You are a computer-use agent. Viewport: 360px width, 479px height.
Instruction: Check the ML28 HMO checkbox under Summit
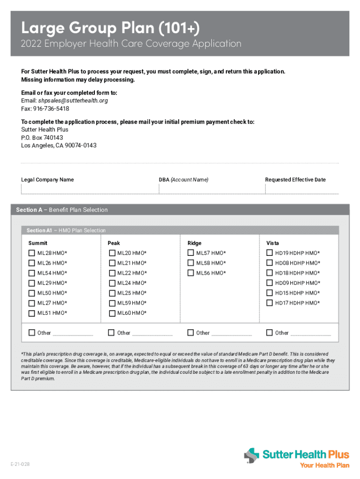click(32, 253)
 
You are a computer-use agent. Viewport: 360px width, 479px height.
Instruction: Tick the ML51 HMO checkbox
click(32, 313)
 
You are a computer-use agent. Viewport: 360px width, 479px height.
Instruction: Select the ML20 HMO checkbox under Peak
click(112, 253)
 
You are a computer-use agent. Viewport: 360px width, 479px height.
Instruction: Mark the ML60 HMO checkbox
click(112, 313)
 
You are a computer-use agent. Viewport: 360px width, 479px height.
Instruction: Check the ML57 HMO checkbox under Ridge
click(191, 253)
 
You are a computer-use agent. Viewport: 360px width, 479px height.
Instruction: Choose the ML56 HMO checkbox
click(191, 273)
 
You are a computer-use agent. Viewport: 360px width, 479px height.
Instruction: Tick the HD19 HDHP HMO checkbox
click(270, 253)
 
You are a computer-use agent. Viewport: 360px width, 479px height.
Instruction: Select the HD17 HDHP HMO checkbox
click(270, 303)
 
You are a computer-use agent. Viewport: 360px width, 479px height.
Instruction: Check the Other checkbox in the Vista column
click(269, 333)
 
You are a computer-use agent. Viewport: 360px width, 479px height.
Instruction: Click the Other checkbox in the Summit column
click(32, 333)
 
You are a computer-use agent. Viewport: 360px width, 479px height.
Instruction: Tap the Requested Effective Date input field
click(302, 189)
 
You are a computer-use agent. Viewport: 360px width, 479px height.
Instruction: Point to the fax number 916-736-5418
click(51, 109)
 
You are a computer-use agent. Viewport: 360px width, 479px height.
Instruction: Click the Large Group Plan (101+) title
click(110, 29)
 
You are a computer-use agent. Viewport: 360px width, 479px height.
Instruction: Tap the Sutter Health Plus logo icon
click(252, 456)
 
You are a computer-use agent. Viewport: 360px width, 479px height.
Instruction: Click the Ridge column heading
click(194, 243)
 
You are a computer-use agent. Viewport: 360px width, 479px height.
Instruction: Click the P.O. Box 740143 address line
click(42, 138)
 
